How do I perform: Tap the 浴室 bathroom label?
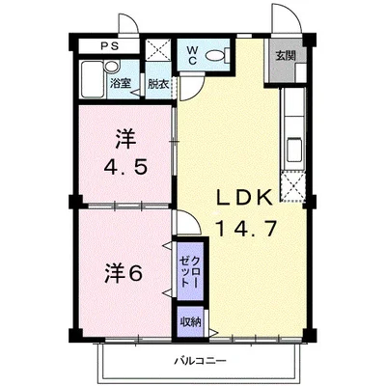(121, 84)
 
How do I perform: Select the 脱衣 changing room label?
(157, 84)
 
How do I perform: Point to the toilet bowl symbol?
(222, 55)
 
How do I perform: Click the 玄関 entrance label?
(285, 55)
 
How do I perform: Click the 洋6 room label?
(124, 273)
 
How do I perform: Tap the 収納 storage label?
(188, 320)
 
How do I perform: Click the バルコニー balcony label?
(200, 360)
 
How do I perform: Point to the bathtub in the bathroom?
(94, 76)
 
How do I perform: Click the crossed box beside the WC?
(157, 53)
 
